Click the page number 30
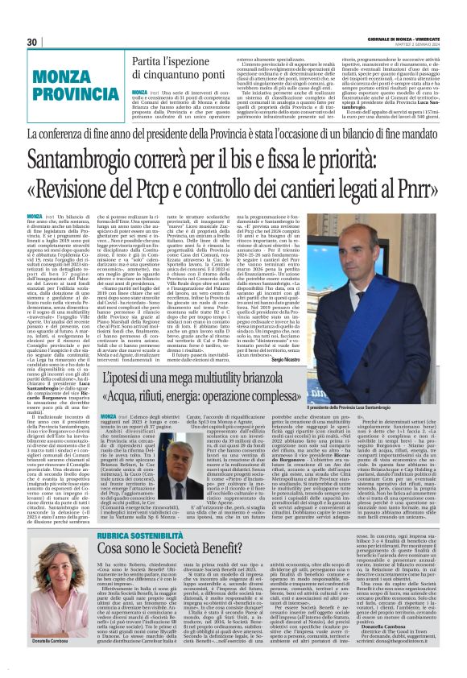[32, 42]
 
